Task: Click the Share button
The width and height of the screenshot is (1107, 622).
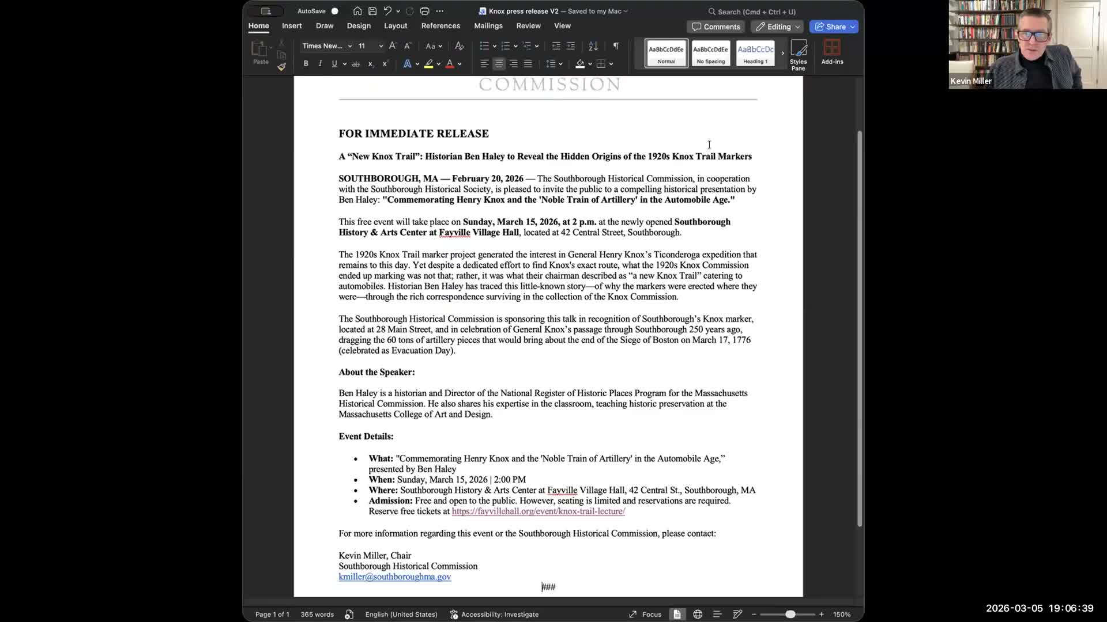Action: (834, 26)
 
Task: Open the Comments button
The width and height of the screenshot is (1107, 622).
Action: (716, 26)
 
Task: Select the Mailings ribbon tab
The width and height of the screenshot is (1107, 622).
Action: (488, 26)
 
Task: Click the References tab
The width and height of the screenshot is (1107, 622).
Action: (440, 26)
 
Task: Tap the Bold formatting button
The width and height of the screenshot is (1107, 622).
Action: (306, 64)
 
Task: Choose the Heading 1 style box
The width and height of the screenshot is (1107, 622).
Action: (755, 53)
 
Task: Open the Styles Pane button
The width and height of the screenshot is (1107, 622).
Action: (798, 55)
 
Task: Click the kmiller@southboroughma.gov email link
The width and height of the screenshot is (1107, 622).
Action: (394, 577)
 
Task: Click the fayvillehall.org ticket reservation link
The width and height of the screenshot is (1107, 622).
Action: (538, 511)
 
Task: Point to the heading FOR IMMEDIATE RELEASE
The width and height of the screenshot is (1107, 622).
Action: (413, 134)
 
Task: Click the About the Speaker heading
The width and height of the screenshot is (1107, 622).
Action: (376, 372)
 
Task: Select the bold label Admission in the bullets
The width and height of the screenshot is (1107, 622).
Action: (390, 501)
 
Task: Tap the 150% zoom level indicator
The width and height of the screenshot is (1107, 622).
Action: (841, 615)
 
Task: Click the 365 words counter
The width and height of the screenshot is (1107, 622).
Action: (317, 615)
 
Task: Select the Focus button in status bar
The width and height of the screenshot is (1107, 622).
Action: (645, 615)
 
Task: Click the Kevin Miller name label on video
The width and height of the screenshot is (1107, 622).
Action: (971, 81)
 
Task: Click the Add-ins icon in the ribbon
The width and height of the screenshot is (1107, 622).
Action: (832, 52)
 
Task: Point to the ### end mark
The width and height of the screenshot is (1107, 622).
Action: (548, 587)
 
